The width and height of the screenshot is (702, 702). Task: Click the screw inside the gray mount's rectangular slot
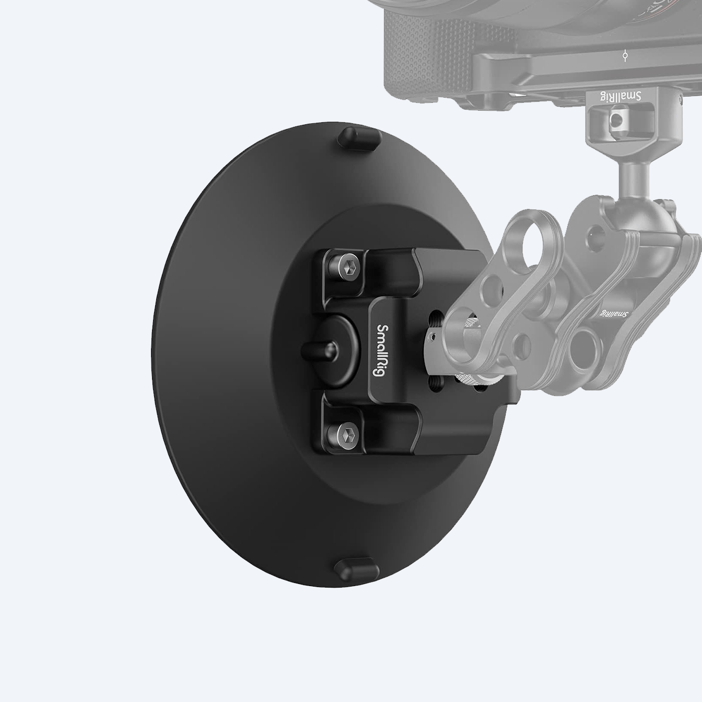click(618, 121)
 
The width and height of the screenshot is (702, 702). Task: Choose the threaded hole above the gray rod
click(434, 317)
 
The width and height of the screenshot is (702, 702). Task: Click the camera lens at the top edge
click(449, 10)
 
